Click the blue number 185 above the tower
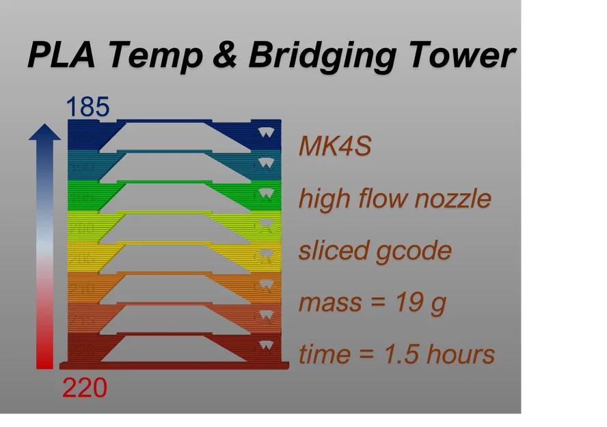click(x=87, y=107)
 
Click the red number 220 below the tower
click(x=85, y=388)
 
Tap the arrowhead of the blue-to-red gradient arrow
click(x=44, y=133)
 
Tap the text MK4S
click(x=334, y=146)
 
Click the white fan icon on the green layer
click(x=265, y=193)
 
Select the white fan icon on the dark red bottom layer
click(x=265, y=346)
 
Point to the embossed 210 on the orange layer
click(x=83, y=289)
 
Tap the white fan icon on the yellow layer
click(x=265, y=254)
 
